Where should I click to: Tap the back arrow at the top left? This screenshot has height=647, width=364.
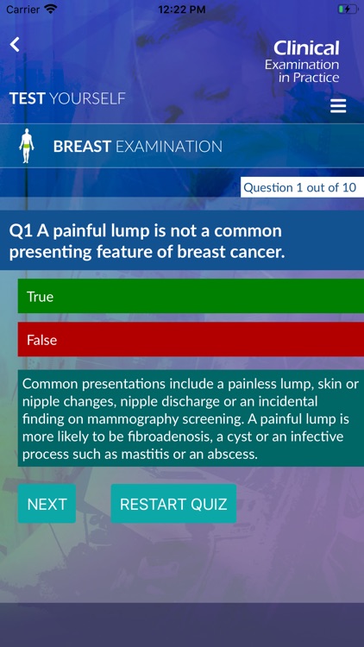[15, 45]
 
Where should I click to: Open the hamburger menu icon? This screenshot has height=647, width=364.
[338, 106]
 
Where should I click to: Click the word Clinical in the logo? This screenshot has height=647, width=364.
[306, 48]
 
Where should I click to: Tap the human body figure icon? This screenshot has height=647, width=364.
[27, 146]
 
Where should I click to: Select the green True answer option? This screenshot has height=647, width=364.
[190, 296]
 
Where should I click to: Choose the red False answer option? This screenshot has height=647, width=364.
[190, 339]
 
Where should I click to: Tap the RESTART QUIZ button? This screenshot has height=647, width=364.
[173, 504]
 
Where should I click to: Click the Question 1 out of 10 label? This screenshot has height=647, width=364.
[301, 187]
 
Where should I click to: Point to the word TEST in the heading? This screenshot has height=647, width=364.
[27, 98]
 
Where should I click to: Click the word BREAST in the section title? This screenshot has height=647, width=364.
[82, 147]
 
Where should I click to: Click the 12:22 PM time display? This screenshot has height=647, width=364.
[181, 9]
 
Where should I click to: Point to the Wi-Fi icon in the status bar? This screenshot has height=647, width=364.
[51, 9]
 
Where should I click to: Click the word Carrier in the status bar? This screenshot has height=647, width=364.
[22, 9]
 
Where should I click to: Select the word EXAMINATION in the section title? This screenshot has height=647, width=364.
[169, 147]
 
